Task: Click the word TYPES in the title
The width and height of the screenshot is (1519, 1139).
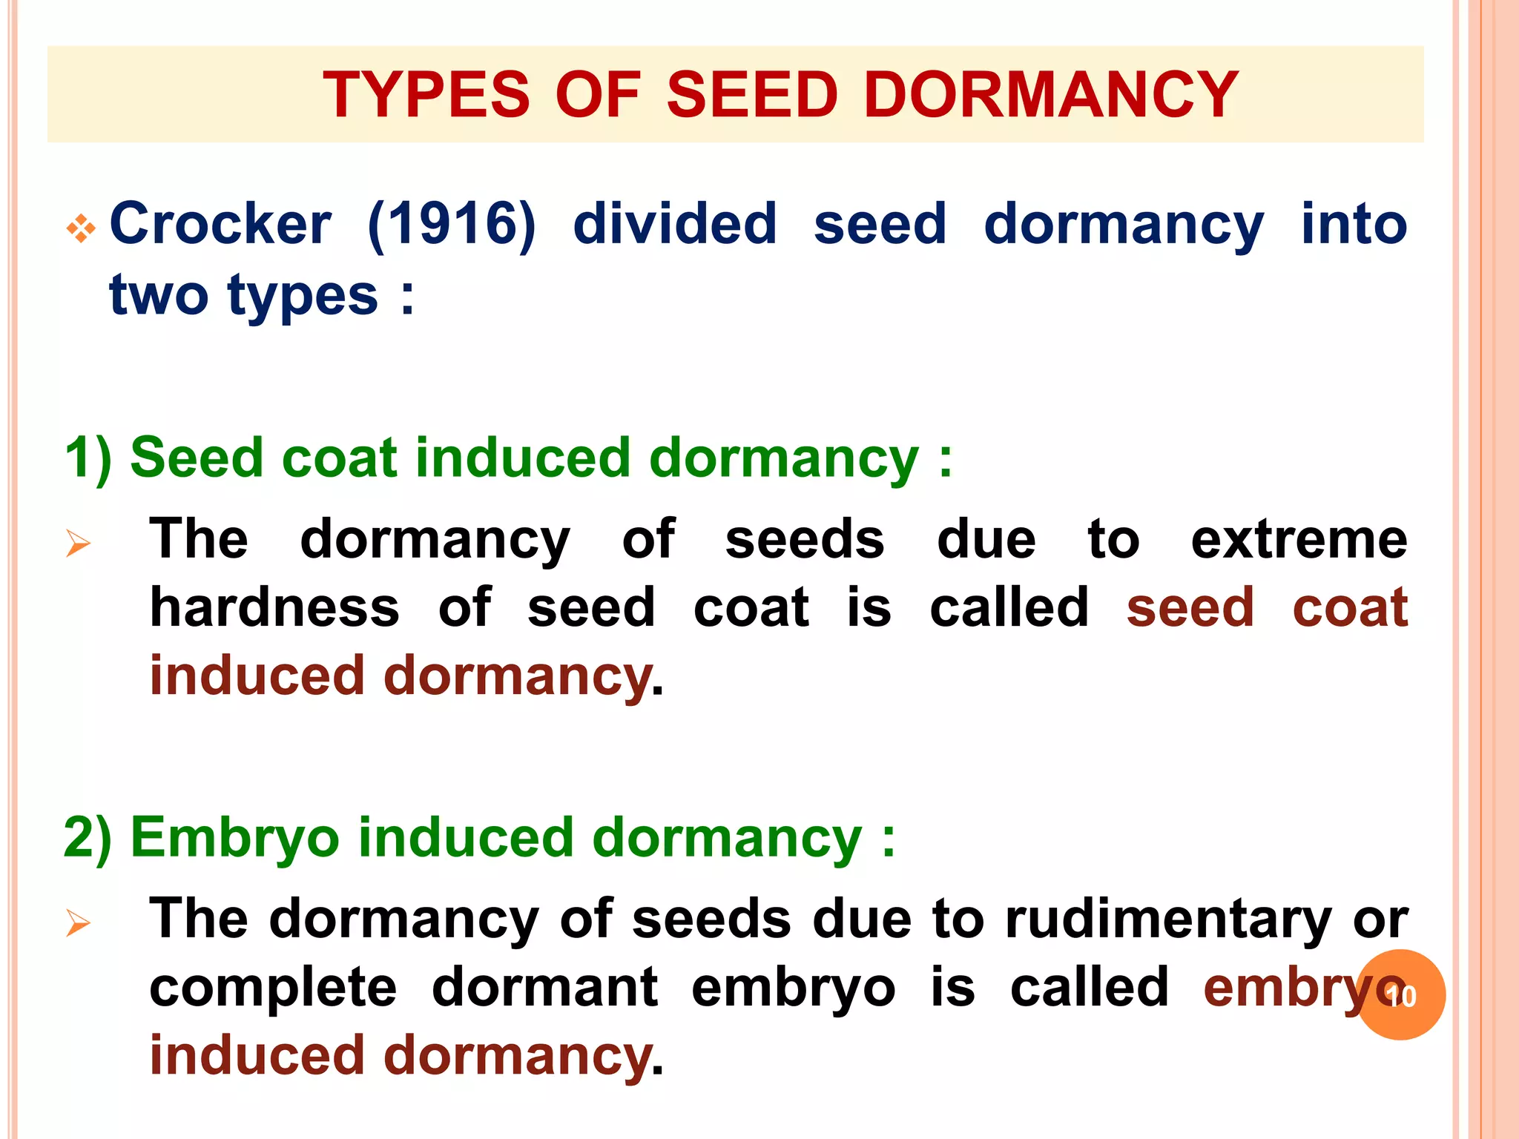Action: (x=426, y=95)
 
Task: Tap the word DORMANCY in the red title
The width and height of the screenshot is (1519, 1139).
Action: (x=1051, y=95)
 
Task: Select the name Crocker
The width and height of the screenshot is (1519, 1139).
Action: (x=220, y=224)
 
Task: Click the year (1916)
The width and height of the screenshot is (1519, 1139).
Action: (x=452, y=224)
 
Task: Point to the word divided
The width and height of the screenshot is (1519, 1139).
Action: (x=675, y=224)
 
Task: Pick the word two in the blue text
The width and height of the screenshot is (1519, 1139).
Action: (x=159, y=295)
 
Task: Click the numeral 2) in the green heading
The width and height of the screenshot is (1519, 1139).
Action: (x=88, y=837)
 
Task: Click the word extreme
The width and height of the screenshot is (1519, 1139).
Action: (x=1299, y=539)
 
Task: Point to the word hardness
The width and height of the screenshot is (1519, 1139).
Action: (x=274, y=607)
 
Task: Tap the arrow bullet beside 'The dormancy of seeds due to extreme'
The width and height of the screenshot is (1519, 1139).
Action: (x=78, y=544)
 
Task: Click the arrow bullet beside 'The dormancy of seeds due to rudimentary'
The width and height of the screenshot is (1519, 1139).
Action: (x=78, y=923)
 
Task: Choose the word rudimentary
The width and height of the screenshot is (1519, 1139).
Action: (x=1168, y=920)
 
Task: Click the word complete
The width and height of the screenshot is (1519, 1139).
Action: (x=273, y=988)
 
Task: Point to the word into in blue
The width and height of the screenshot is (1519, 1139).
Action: (x=1354, y=224)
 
